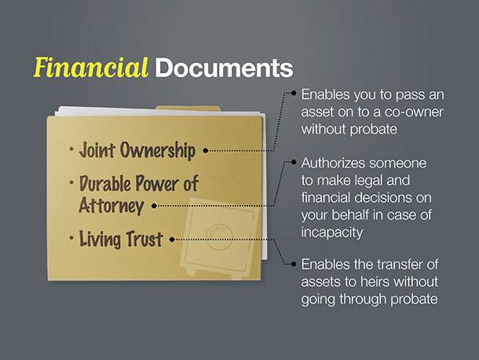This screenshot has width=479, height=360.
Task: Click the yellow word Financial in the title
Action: click(91, 68)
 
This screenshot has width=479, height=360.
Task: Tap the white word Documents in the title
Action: click(224, 68)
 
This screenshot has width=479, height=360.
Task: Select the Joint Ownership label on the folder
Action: click(137, 150)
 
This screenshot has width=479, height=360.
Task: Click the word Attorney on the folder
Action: click(112, 205)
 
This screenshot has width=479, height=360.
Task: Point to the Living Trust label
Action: click(121, 239)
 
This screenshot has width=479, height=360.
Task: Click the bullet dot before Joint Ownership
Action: click(71, 149)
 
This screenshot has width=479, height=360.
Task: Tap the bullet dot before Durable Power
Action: click(71, 182)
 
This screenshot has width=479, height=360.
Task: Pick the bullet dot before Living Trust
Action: click(71, 237)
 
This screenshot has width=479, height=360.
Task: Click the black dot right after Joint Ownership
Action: click(206, 150)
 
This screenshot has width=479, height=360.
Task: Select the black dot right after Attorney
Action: click(154, 206)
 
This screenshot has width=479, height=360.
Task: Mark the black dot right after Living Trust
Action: click(172, 240)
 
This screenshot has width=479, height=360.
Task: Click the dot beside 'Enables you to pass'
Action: click(294, 93)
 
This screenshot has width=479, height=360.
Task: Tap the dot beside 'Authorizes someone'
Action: click(294, 162)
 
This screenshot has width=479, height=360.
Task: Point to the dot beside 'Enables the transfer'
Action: click(294, 263)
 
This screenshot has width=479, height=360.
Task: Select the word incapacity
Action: click(331, 233)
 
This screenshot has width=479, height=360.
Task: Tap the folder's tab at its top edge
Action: click(188, 108)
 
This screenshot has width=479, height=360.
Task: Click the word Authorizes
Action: click(330, 163)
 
